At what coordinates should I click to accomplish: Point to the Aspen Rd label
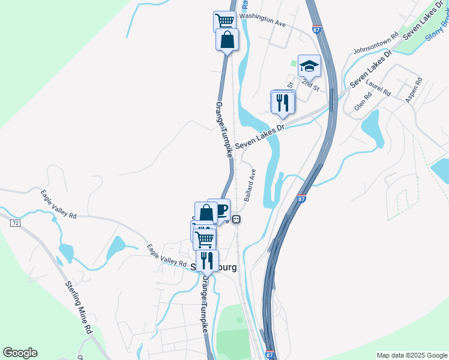click(x=415, y=89)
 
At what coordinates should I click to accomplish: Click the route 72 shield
click(x=15, y=223)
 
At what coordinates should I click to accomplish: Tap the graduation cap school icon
click(x=309, y=65)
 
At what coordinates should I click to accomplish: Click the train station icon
click(x=237, y=219)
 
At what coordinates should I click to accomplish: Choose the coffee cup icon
click(x=220, y=209)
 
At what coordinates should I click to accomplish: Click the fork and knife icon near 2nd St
click(x=283, y=101)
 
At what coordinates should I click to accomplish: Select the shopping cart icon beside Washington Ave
click(x=224, y=21)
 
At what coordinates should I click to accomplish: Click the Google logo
click(x=20, y=353)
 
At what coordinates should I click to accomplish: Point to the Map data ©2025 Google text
click(x=411, y=355)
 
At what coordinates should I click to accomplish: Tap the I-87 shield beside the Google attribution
click(x=270, y=355)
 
